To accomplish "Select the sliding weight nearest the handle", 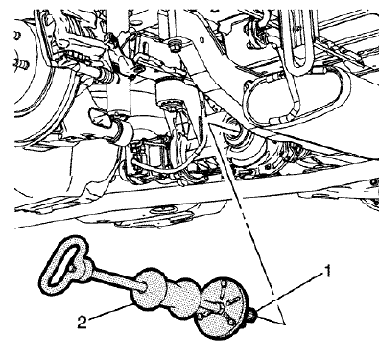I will (153, 289).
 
